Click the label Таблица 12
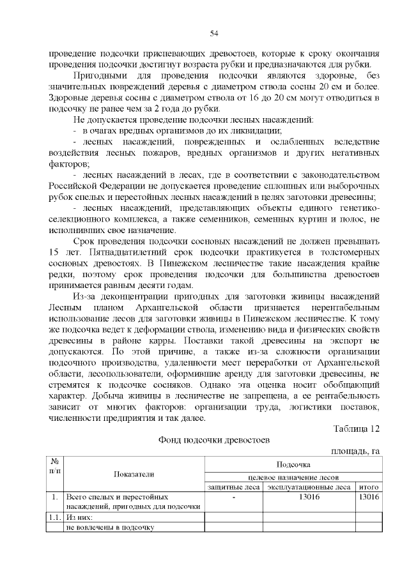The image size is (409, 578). [357, 429]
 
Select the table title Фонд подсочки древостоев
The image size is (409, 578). [214, 440]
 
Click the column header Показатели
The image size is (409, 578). [134, 473]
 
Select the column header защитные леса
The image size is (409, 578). [233, 487]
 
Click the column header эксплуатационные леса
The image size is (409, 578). [309, 487]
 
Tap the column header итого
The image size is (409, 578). [369, 487]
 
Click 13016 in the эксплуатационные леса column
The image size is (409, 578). [309, 496]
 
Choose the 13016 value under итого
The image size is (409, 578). [369, 496]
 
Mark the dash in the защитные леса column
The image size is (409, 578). [234, 496]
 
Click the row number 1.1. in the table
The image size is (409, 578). [56, 517]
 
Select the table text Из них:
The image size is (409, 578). [80, 517]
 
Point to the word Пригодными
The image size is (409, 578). [100, 76]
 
